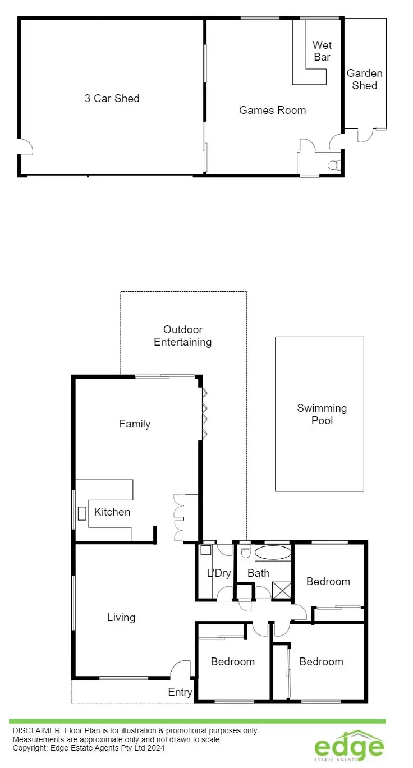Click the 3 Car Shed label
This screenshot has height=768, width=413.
pyautogui.click(x=112, y=99)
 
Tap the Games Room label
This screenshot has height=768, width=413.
pyautogui.click(x=272, y=111)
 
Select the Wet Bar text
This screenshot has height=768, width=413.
pyautogui.click(x=322, y=51)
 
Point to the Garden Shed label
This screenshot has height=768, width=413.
pyautogui.click(x=364, y=79)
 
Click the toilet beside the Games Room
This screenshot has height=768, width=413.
pyautogui.click(x=334, y=165)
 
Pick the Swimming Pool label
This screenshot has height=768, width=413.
pyautogui.click(x=322, y=414)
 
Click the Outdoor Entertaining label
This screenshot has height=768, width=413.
pyautogui.click(x=183, y=335)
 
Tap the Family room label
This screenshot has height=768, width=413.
pyautogui.click(x=135, y=424)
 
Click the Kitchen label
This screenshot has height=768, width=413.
pyautogui.click(x=112, y=512)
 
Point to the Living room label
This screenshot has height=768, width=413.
pyautogui.click(x=121, y=618)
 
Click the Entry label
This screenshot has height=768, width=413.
pyautogui.click(x=180, y=693)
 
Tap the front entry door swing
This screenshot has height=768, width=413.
pyautogui.click(x=181, y=669)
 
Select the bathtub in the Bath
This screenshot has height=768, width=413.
pyautogui.click(x=273, y=553)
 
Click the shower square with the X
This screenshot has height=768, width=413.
pyautogui.click(x=282, y=590)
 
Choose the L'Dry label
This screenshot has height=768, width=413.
pyautogui.click(x=219, y=573)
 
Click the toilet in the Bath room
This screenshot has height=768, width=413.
pyautogui.click(x=245, y=551)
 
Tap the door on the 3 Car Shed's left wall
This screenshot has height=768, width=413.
pyautogui.click(x=26, y=146)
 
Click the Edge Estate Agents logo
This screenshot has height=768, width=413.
pyautogui.click(x=349, y=747)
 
